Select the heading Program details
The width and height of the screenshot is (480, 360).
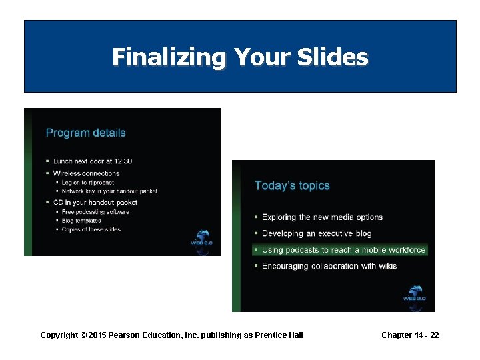click(x=85, y=133)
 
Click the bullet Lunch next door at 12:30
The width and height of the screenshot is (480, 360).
click(x=93, y=161)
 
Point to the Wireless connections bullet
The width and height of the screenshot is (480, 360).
click(x=86, y=173)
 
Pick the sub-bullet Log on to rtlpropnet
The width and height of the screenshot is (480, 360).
click(x=87, y=182)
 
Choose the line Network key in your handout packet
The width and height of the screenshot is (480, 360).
click(x=109, y=191)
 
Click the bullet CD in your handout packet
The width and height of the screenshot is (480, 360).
click(x=95, y=202)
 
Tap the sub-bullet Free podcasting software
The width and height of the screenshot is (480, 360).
click(x=95, y=212)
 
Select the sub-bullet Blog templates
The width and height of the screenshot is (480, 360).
click(x=81, y=221)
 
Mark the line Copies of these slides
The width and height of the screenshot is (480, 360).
click(x=91, y=230)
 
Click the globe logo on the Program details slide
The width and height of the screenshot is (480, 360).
click(x=201, y=239)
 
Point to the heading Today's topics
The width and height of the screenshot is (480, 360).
click(x=292, y=186)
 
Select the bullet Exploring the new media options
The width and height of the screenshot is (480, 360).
click(x=322, y=217)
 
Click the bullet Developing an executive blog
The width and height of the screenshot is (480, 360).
click(x=317, y=234)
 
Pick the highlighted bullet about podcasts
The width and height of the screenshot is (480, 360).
click(x=343, y=250)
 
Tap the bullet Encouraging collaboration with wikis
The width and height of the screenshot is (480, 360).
click(x=329, y=266)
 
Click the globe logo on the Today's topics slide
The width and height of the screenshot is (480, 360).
click(x=414, y=294)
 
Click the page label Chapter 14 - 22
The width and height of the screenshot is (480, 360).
click(x=410, y=335)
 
